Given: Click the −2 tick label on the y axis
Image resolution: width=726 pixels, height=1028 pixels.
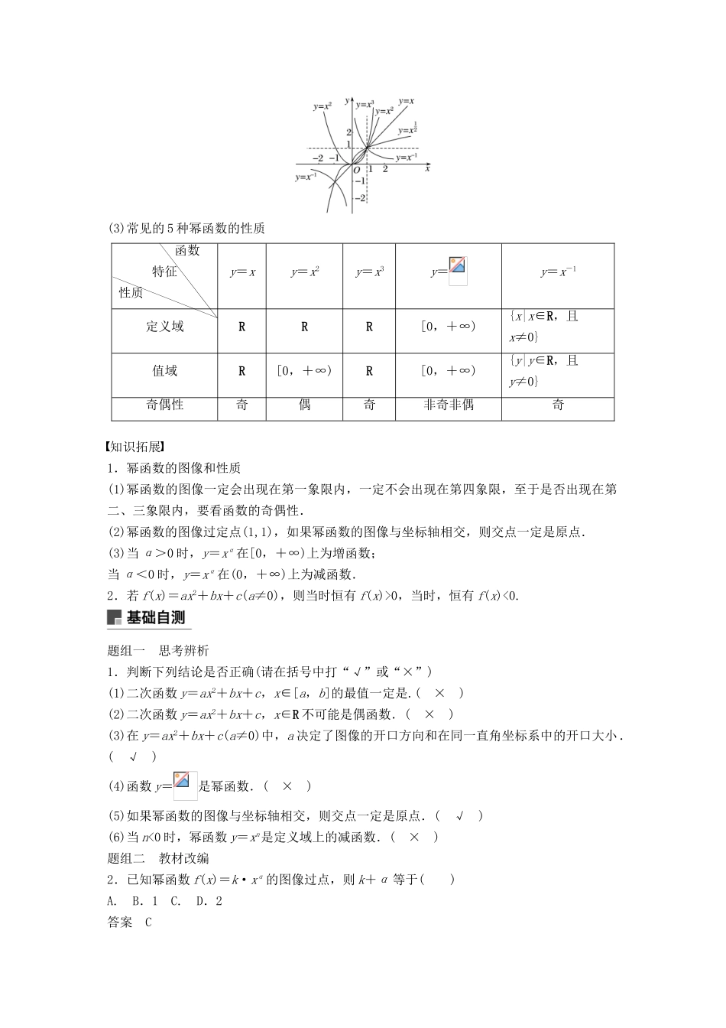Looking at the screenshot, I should tap(360, 197).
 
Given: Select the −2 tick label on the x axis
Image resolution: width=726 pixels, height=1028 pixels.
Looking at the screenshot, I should tap(317, 158).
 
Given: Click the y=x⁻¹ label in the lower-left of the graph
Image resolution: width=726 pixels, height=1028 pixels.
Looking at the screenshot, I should tap(306, 177).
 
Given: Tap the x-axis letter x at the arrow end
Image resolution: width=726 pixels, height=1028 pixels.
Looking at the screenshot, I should tap(427, 168).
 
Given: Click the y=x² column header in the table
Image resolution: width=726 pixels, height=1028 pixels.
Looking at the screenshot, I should tap(304, 272).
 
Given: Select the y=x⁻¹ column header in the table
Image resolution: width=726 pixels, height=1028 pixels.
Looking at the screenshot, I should tap(558, 272).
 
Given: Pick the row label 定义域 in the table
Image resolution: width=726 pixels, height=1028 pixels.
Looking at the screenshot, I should tap(165, 327).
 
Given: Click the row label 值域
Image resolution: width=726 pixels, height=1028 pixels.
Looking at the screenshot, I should tap(165, 371).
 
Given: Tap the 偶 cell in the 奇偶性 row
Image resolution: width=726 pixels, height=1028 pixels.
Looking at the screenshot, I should tap(304, 405).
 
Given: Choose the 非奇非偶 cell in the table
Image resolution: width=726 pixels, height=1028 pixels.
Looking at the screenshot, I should tap(449, 405).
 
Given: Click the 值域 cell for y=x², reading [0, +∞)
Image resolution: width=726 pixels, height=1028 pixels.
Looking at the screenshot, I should tap(304, 371).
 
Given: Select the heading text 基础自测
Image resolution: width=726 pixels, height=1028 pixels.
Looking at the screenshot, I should tap(156, 618).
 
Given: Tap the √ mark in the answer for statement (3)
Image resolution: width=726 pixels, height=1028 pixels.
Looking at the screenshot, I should tap(133, 756).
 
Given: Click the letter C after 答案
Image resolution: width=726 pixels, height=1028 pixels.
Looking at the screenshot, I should tap(147, 922).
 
